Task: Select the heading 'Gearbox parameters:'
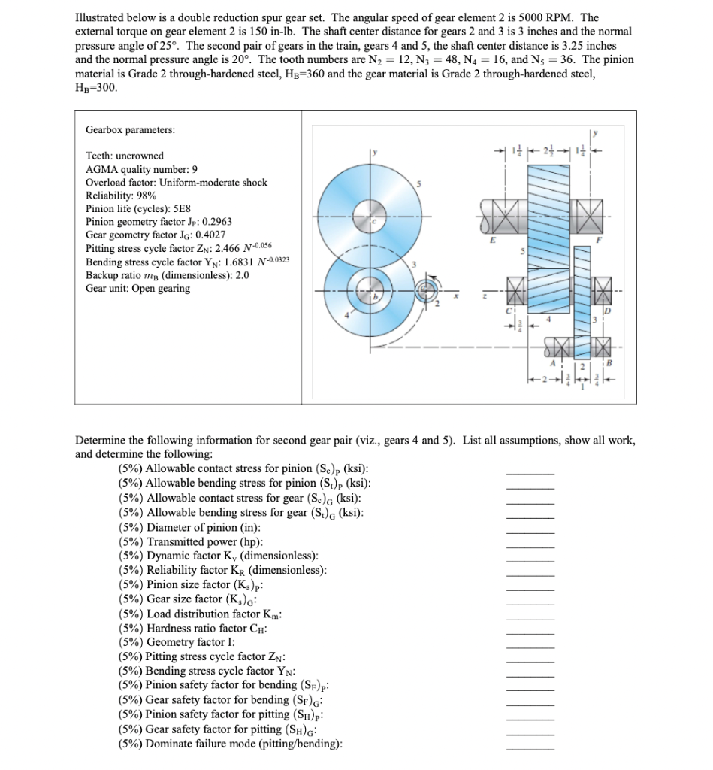130,129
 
